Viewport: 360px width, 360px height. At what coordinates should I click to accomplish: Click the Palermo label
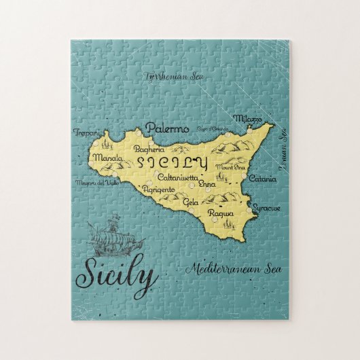[166, 128]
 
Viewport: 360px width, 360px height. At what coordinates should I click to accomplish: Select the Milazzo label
[248, 119]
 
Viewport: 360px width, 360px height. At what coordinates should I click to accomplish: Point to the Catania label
[262, 179]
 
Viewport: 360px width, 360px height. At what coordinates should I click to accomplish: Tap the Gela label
[192, 202]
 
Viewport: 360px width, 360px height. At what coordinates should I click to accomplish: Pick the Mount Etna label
[229, 166]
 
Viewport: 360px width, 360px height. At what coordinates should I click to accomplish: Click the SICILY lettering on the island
[172, 162]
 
